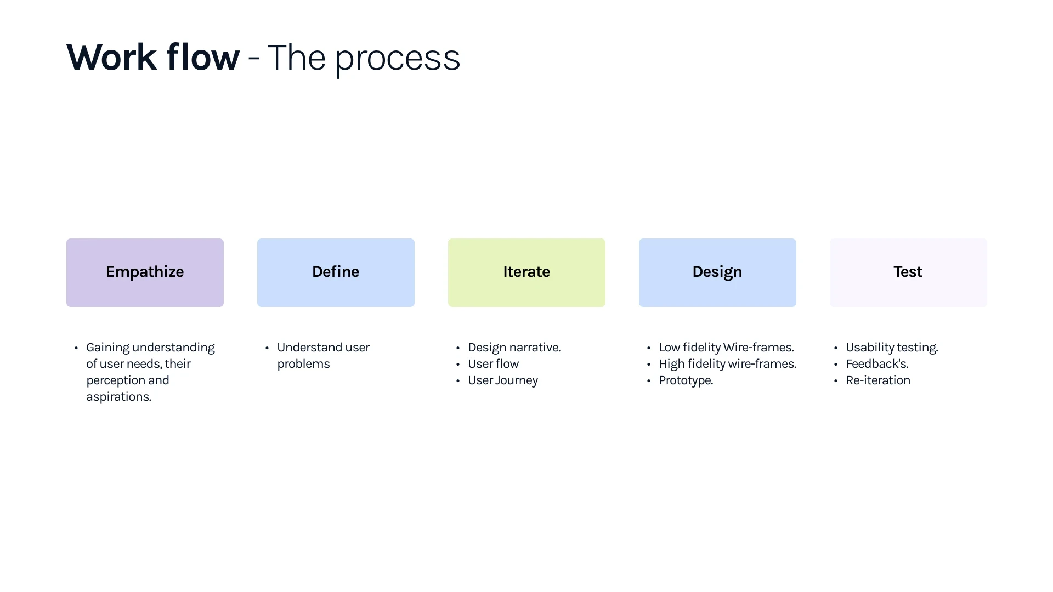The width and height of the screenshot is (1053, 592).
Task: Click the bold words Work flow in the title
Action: [x=153, y=57]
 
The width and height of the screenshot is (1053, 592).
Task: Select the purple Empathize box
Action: [x=145, y=272]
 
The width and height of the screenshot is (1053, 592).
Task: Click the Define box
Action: [x=336, y=272]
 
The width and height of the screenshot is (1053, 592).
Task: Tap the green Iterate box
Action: [x=526, y=272]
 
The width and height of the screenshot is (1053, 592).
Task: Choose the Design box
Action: [x=717, y=272]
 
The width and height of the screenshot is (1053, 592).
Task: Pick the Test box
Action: [x=908, y=272]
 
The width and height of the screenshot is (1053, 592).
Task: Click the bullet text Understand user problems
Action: [x=323, y=356]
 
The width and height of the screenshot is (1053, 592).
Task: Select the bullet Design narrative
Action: [x=514, y=348]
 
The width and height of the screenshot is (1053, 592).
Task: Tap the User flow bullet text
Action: [x=493, y=364]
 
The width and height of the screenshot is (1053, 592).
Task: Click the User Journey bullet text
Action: [x=502, y=380]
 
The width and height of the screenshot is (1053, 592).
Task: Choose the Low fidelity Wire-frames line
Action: [x=726, y=348]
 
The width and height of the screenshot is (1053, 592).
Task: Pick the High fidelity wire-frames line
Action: [x=727, y=364]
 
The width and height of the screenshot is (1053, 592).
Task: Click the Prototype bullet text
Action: [x=686, y=380]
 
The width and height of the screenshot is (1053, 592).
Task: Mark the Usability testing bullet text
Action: [x=892, y=348]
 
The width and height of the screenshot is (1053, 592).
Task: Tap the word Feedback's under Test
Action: [x=877, y=364]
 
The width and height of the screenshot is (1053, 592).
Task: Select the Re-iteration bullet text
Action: [x=877, y=380]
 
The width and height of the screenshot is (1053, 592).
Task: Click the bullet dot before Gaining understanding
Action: [x=76, y=348]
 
